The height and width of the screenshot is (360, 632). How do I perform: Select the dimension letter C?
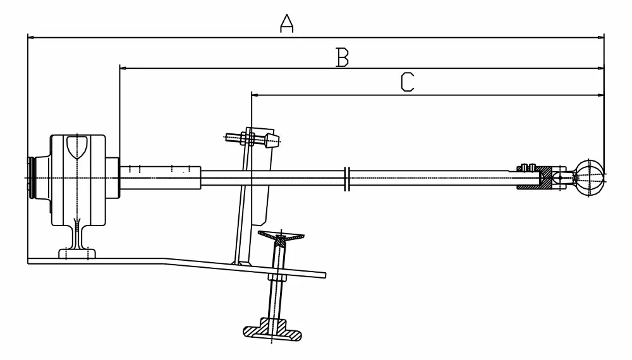408,82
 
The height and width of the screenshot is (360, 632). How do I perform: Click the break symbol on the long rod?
346,178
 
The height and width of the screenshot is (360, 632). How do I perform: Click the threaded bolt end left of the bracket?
233,136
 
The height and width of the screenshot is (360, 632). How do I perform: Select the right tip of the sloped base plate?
324,275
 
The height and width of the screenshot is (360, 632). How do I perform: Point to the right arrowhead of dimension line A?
601,37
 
